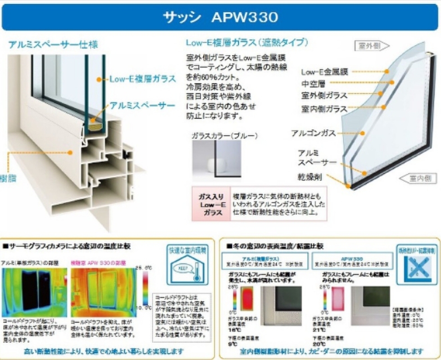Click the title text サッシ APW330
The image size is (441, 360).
220,17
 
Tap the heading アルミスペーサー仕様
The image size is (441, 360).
53,45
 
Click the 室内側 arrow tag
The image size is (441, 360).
421,179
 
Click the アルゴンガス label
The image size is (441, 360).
314,133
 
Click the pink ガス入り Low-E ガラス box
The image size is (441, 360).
211,204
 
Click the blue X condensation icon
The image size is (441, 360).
410,266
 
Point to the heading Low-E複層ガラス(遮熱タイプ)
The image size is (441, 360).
247,43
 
